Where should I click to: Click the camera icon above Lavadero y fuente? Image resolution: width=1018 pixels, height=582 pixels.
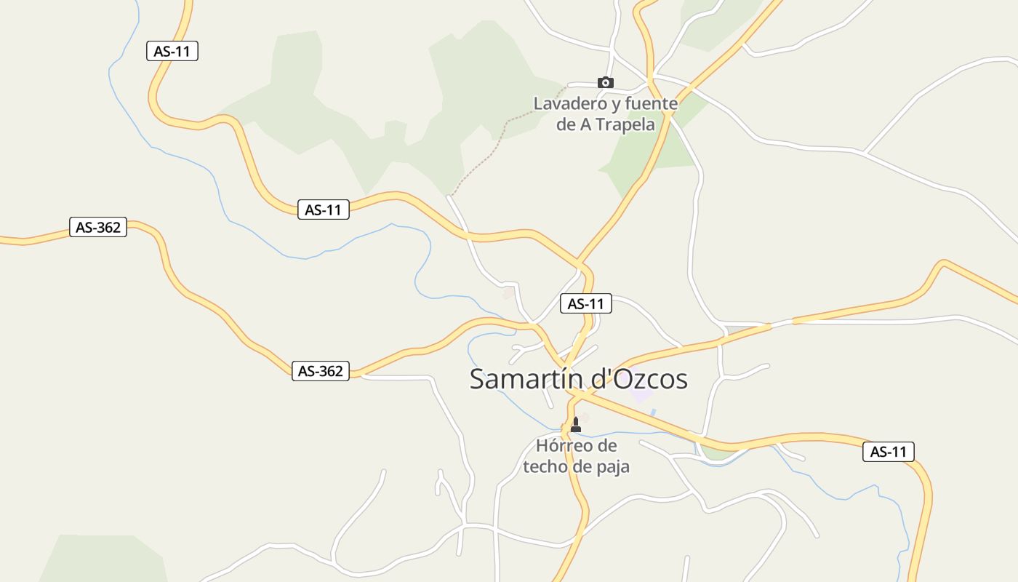(605, 82)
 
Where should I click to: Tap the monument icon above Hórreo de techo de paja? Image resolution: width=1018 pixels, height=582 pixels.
(576, 424)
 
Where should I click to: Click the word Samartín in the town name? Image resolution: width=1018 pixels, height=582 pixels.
(524, 379)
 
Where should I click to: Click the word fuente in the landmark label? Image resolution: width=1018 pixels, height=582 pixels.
(651, 103)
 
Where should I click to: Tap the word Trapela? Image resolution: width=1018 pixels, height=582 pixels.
(626, 124)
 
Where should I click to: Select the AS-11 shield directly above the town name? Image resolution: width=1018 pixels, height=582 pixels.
(585, 303)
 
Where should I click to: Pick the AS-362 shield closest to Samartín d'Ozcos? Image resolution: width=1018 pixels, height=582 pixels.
(320, 371)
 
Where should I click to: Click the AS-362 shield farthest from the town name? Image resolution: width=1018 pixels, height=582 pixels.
(98, 227)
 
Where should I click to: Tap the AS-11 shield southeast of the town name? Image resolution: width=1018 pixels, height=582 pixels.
(889, 452)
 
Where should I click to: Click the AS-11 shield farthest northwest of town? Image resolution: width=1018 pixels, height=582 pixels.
(172, 51)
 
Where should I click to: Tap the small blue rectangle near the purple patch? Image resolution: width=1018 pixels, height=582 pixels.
(653, 412)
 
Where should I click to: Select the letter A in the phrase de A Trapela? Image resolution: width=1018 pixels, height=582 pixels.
(585, 124)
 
